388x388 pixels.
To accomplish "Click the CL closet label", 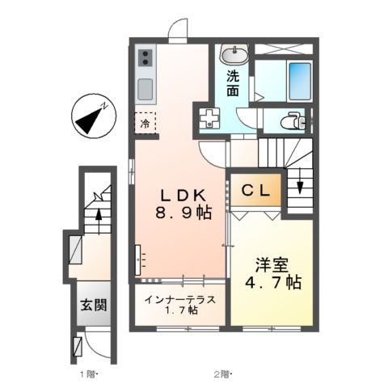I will tap(256, 191).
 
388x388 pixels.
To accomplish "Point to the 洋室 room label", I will tap(272, 264).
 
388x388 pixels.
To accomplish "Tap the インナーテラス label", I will tap(180, 300).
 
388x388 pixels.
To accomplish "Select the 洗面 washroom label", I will tap(233, 84).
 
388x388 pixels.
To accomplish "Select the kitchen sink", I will tap(145, 88).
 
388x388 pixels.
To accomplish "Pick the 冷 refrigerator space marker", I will tap(145, 124).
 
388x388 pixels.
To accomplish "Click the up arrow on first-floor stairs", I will tap(99, 216).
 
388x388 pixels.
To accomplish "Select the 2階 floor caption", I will tap(221, 374).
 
